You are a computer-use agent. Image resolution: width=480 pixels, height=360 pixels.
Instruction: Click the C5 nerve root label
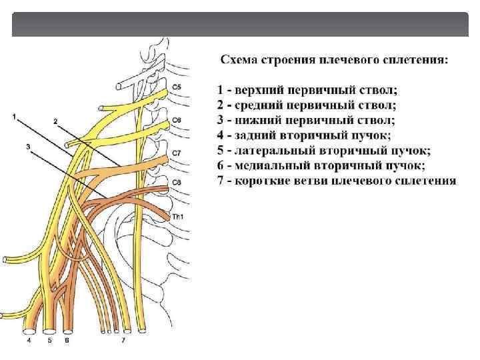176,87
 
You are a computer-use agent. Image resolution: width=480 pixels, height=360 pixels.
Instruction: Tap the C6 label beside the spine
176,120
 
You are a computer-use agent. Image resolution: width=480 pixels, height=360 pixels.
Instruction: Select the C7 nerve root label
176,153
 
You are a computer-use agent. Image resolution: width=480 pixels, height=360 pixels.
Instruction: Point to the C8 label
176,181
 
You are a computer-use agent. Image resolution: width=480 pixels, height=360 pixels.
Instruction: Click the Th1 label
177,217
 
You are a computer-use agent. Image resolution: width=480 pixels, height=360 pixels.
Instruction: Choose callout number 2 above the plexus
55,121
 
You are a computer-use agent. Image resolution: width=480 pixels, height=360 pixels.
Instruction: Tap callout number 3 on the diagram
29,147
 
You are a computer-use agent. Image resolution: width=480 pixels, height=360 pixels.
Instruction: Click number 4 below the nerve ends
29,340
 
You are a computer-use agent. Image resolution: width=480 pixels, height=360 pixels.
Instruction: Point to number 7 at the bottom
122,340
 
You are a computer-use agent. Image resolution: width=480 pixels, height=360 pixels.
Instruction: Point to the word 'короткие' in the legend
261,181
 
